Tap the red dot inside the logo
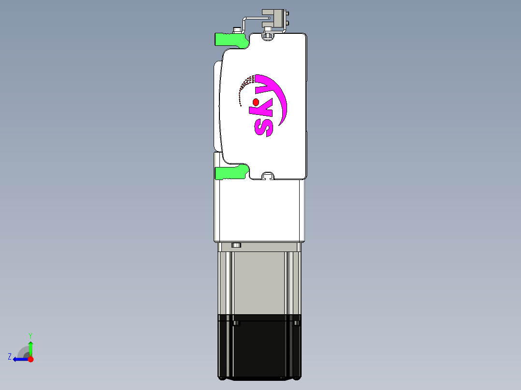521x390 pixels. pos(256,102)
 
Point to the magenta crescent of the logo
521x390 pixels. pos(280,97)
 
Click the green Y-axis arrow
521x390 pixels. pos(30,347)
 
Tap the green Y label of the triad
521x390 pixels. pos(30,335)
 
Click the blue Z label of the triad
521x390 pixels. pos(10,357)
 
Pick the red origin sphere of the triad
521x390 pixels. pos(31,359)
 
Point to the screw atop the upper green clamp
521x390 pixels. pos(237,30)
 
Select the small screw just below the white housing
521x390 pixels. pos(236,245)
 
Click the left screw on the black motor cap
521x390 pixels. pos(236,323)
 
